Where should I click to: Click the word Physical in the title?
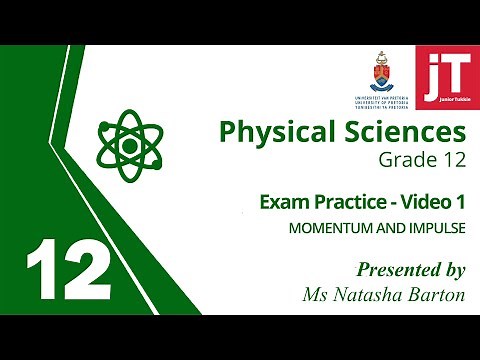271,131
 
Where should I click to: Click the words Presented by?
410,269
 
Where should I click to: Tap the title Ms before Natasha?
315,294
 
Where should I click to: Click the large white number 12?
67,271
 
